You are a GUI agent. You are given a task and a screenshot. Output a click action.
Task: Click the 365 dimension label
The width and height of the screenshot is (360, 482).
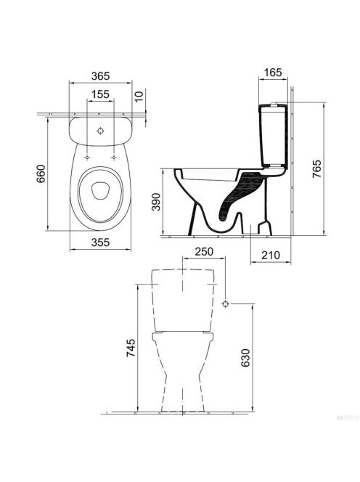click(101, 76)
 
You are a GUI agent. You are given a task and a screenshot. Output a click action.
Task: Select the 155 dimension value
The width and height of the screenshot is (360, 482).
click(101, 94)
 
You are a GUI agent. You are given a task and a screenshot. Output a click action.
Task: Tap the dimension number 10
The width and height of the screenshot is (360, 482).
click(139, 97)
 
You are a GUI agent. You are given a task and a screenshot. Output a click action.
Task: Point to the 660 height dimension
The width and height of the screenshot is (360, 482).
click(41, 174)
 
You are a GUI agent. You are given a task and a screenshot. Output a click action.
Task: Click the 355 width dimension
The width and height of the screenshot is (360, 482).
click(101, 242)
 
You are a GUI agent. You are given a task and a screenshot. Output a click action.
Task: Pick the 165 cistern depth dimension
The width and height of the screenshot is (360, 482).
click(273, 73)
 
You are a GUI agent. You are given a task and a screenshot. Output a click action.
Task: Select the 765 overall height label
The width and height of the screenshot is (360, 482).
click(316, 168)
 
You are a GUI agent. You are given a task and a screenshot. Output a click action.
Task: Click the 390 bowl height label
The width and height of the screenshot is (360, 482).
click(157, 202)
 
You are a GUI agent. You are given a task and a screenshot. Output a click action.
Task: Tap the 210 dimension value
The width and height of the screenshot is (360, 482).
click(271, 255)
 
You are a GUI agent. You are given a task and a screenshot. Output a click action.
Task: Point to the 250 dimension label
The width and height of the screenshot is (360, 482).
click(204, 252)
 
